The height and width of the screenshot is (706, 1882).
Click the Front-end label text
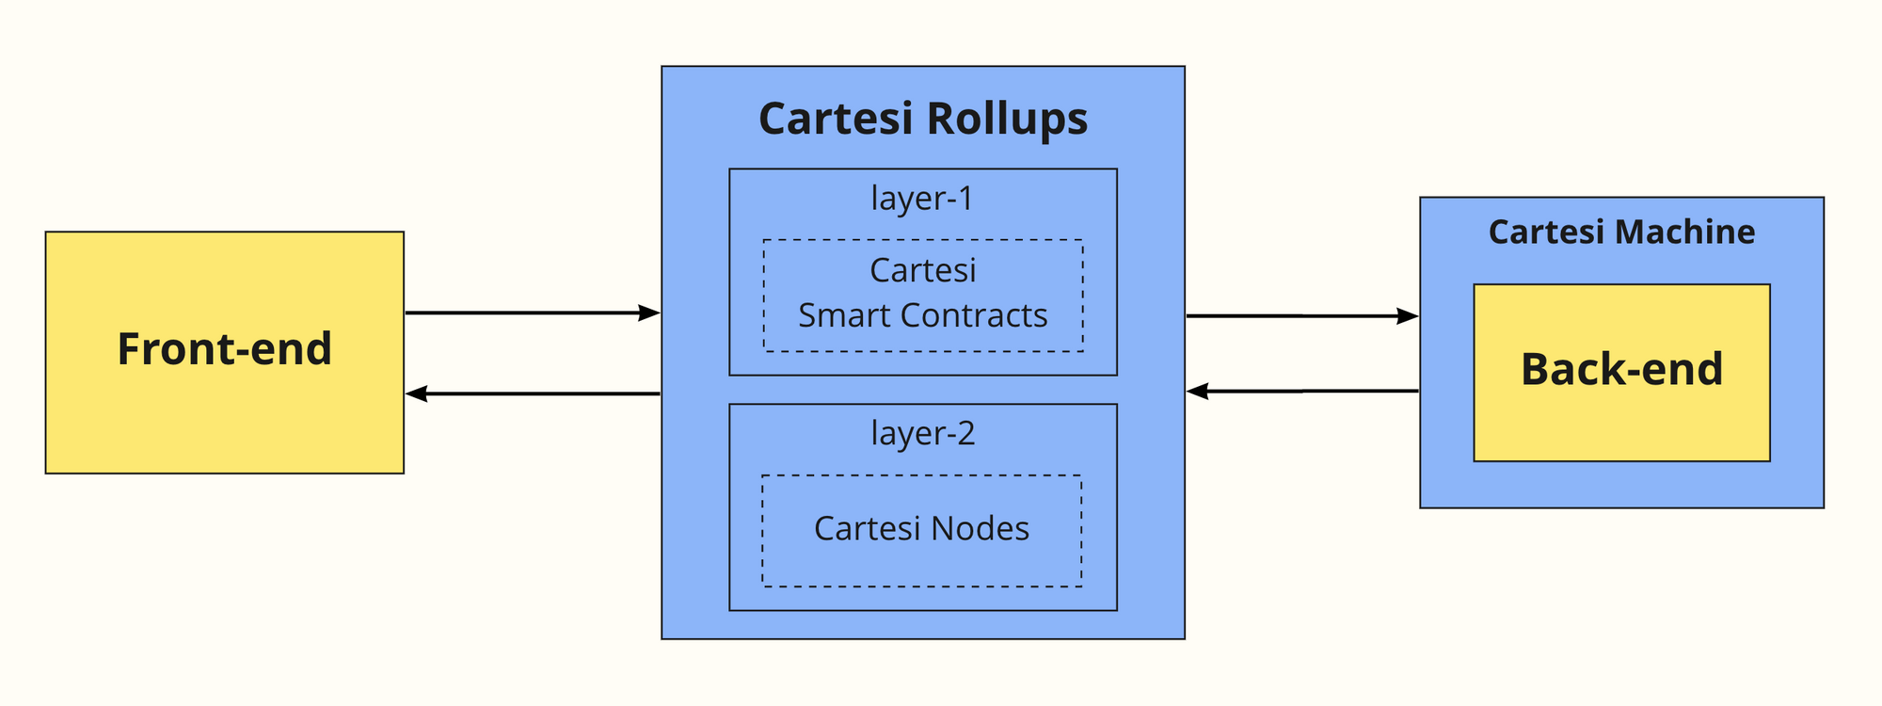(x=224, y=349)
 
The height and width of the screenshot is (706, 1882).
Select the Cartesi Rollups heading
(x=922, y=120)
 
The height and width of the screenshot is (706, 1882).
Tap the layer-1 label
(x=922, y=199)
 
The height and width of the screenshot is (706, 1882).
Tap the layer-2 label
(x=922, y=433)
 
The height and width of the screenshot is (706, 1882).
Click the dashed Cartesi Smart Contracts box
(x=922, y=295)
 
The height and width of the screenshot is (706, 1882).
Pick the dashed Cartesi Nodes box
(x=921, y=530)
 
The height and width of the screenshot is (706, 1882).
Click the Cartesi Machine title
(x=1620, y=233)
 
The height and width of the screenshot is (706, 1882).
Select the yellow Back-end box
(x=1620, y=371)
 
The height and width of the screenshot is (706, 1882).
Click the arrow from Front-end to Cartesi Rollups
(x=532, y=313)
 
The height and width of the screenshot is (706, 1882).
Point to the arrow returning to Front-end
(x=532, y=393)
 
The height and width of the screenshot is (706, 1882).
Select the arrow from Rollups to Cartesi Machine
(x=1301, y=316)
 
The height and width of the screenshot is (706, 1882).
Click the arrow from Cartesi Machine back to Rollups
(x=1301, y=391)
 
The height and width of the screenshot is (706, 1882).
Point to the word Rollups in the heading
(x=1006, y=120)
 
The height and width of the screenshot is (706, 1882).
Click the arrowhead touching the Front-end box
(x=417, y=393)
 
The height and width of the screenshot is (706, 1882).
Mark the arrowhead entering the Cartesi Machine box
(x=1407, y=316)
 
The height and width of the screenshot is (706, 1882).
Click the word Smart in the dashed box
(x=838, y=316)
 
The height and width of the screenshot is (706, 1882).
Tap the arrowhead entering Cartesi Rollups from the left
(x=648, y=313)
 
